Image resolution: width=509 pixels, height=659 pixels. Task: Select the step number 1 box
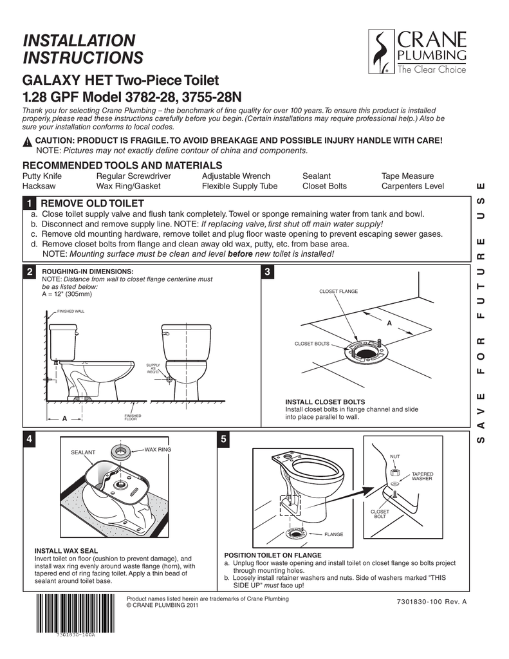pyautogui.click(x=29, y=204)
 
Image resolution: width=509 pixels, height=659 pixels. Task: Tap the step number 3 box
pyautogui.click(x=268, y=272)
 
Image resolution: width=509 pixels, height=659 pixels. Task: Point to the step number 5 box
pyautogui.click(x=223, y=440)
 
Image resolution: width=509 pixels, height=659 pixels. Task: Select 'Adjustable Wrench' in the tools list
pyautogui.click(x=236, y=176)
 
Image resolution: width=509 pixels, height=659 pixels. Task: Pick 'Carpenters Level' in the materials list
pyautogui.click(x=412, y=187)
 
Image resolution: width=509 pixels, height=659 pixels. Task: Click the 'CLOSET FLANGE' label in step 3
pyautogui.click(x=338, y=292)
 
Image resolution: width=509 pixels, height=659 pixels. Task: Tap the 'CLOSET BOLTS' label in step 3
pyautogui.click(x=311, y=344)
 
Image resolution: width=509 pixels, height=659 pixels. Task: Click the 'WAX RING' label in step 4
pyautogui.click(x=156, y=448)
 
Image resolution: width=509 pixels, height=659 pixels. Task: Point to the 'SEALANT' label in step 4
pyautogui.click(x=83, y=452)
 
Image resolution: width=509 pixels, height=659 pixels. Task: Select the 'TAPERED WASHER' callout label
pyautogui.click(x=422, y=476)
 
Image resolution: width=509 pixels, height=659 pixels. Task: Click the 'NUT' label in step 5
pyautogui.click(x=395, y=456)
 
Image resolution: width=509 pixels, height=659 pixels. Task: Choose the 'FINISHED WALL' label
pyautogui.click(x=71, y=311)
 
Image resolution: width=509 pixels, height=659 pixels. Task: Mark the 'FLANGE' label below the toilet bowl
pyautogui.click(x=333, y=534)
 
